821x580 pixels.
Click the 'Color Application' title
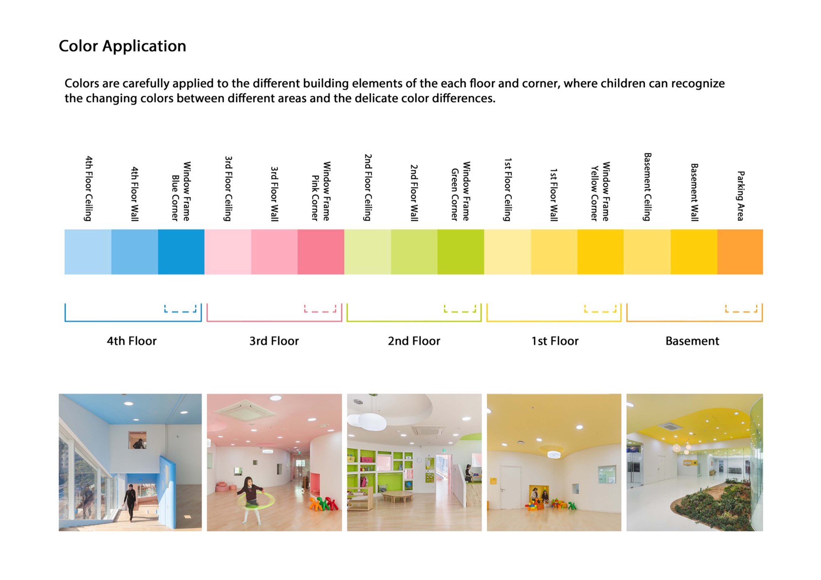(122, 46)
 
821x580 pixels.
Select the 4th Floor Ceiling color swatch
(88, 252)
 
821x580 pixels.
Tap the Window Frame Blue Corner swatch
(181, 252)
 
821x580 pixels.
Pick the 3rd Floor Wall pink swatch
(274, 252)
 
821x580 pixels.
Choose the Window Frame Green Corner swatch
(461, 252)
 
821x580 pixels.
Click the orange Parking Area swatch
(740, 252)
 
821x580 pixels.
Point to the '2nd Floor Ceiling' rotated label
(368, 188)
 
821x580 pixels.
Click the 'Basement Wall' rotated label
(694, 192)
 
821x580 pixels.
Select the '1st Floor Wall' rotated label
(554, 195)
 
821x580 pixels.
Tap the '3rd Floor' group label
(274, 341)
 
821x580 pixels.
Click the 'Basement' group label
(692, 341)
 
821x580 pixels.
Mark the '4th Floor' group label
(131, 341)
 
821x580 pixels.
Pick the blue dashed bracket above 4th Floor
(180, 309)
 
